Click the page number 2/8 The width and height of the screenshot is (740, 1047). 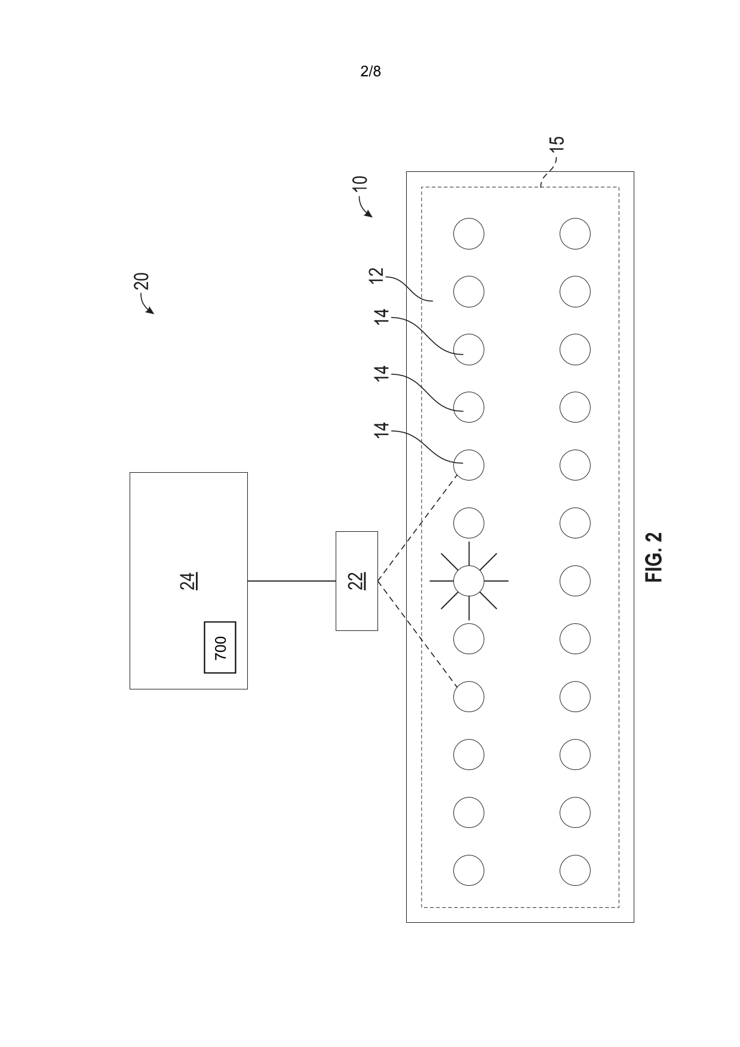pyautogui.click(x=370, y=72)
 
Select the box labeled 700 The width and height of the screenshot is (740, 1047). pyautogui.click(x=220, y=647)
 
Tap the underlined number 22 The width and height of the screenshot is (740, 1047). pyautogui.click(x=357, y=581)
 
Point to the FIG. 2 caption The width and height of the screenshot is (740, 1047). pyautogui.click(x=654, y=557)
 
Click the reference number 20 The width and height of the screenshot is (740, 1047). pyautogui.click(x=142, y=281)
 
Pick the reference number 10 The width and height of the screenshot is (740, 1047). pyautogui.click(x=360, y=183)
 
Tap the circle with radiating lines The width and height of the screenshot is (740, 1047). pyautogui.click(x=468, y=581)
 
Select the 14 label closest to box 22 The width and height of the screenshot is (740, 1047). pyautogui.click(x=381, y=430)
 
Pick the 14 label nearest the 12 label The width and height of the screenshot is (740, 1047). pyautogui.click(x=381, y=316)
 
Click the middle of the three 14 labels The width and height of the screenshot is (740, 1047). pyautogui.click(x=381, y=373)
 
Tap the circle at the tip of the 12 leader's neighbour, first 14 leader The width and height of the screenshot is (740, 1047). pyautogui.click(x=468, y=349)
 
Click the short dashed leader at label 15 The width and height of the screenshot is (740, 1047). pyautogui.click(x=546, y=174)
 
